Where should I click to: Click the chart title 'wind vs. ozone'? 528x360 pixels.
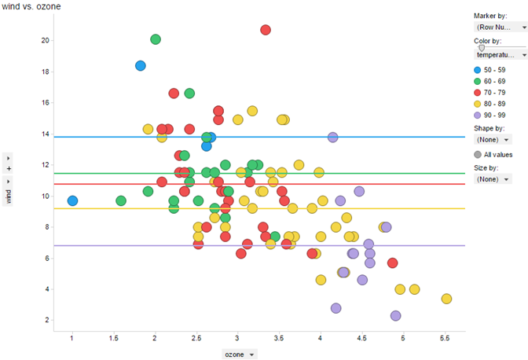[x=31, y=7]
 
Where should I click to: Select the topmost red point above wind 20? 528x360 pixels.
[x=266, y=30]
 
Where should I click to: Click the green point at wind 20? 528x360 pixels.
[x=156, y=39]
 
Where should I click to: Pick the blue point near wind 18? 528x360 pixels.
[x=141, y=66]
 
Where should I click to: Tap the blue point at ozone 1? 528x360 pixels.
[x=72, y=201]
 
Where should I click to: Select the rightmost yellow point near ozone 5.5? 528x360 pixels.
[x=446, y=299]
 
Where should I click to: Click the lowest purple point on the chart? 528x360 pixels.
[x=395, y=316]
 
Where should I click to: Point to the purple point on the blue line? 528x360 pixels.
[x=332, y=137]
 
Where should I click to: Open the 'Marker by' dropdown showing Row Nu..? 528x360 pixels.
[x=500, y=27]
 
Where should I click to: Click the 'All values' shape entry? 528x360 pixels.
[x=497, y=155]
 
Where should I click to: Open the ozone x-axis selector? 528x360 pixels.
[x=240, y=355]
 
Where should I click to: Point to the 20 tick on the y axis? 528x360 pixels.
[x=46, y=41]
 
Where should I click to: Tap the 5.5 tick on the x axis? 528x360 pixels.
[x=445, y=339]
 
